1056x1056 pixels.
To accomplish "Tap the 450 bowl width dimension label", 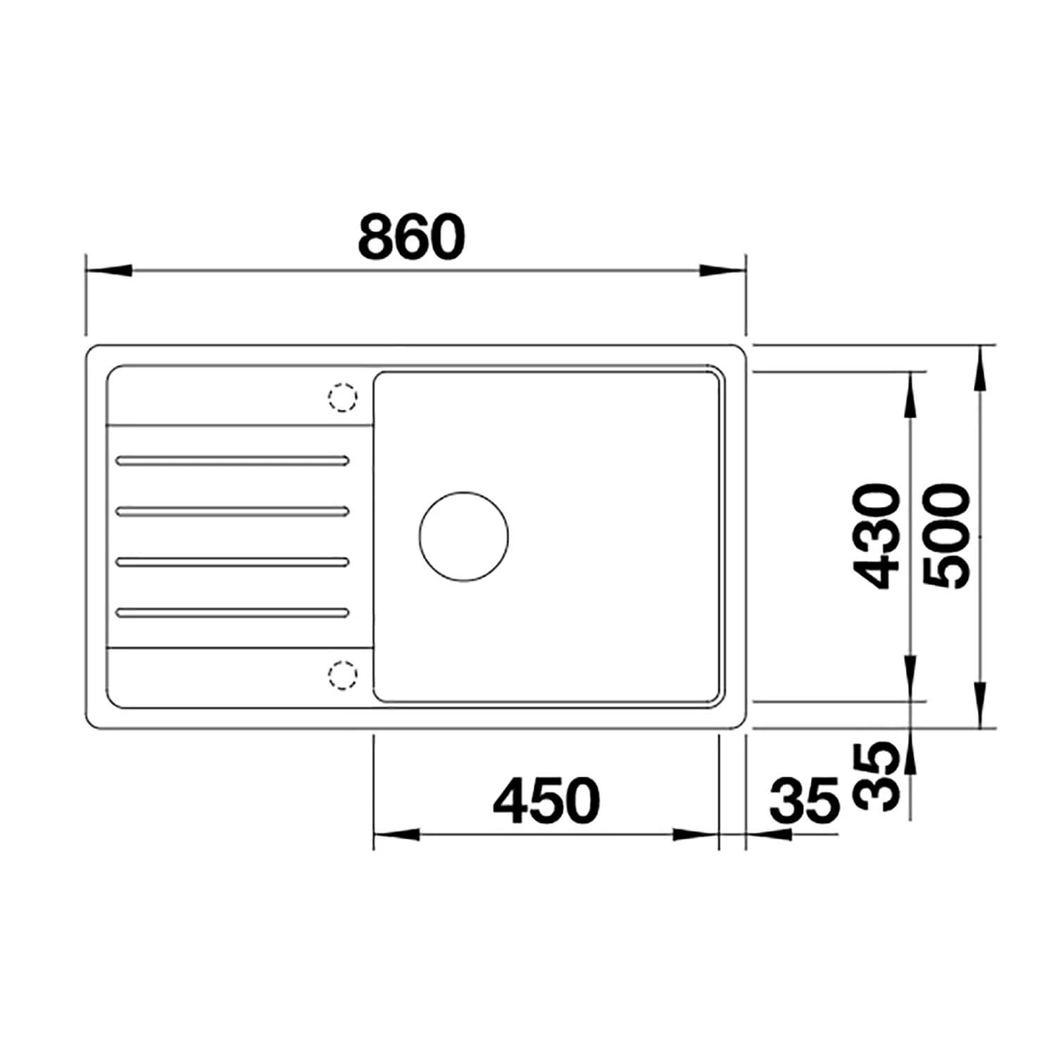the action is tap(546, 801).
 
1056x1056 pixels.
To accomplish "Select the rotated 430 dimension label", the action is tap(876, 536).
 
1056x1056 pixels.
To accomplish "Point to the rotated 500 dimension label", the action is tap(946, 536).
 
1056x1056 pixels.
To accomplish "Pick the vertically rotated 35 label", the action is tap(876, 776).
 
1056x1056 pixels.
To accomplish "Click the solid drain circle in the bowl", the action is tap(463, 536).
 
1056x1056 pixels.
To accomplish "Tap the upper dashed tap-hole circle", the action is tap(343, 398).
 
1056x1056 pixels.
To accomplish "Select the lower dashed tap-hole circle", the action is tap(343, 676).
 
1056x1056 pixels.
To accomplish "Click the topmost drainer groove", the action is tap(233, 461).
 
